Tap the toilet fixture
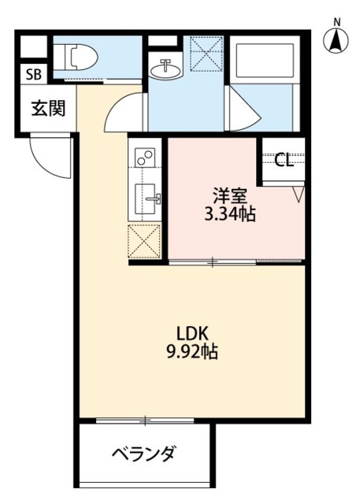point(77,57)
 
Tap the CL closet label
point(284,161)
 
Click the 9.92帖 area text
point(192,351)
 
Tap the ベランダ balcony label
point(143,454)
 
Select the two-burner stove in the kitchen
point(144,158)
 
